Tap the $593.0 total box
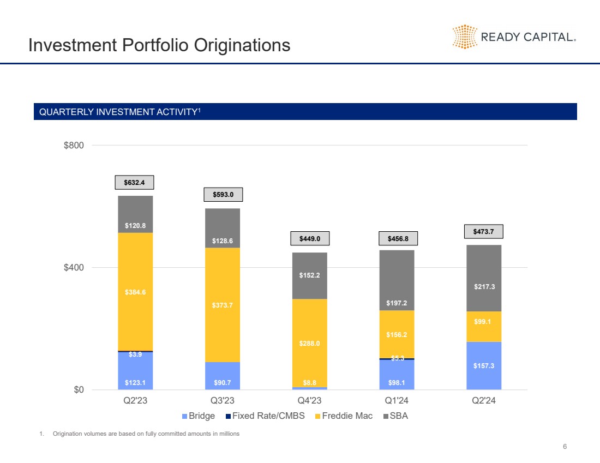click(223, 194)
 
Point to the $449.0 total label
click(309, 238)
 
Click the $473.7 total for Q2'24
click(484, 232)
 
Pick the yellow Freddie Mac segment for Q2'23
click(135, 292)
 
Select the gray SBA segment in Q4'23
click(310, 275)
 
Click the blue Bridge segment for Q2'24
click(484, 365)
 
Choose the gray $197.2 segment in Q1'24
click(397, 280)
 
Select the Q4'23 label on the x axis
click(309, 401)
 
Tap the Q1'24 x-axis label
click(397, 401)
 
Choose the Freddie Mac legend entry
click(344, 416)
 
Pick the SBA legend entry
click(397, 416)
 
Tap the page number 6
click(565, 447)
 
